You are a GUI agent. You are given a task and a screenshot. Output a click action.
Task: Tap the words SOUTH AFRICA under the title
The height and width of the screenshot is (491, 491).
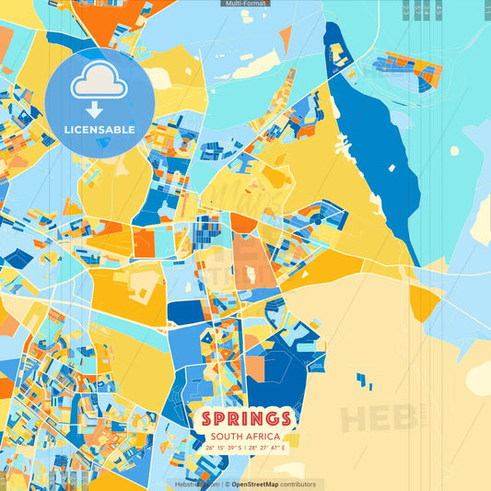pos(244,437)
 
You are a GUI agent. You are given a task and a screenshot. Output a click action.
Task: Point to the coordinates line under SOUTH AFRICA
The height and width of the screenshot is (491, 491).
pos(244,449)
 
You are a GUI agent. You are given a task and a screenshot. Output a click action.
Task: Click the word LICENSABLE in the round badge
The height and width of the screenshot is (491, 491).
pos(99,130)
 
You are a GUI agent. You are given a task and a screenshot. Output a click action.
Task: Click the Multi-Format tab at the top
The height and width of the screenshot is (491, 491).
pos(245,4)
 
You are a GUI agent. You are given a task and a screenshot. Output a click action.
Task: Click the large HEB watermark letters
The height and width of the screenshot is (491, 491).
pos(378,417)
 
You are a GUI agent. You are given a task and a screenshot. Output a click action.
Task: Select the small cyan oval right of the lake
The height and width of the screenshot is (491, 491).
pos(453,150)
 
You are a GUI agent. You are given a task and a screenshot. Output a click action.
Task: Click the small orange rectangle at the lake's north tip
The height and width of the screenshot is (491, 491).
pos(337,51)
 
